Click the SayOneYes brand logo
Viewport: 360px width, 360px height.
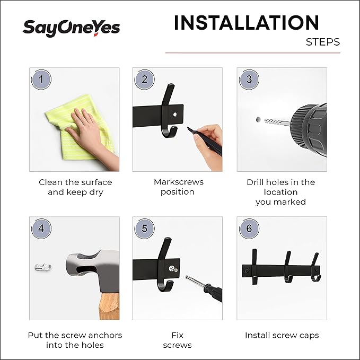tap(71, 28)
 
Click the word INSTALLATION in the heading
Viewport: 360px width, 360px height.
tap(246, 23)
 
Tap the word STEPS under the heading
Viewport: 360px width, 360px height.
tap(322, 42)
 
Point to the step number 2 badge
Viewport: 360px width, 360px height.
tap(144, 80)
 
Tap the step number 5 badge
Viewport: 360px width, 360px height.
tap(144, 229)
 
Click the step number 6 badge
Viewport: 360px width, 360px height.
tap(249, 229)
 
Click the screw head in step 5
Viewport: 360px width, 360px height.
tap(172, 269)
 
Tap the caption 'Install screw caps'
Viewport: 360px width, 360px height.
tap(282, 335)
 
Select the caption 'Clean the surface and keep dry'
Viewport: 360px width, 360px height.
tap(75, 187)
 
